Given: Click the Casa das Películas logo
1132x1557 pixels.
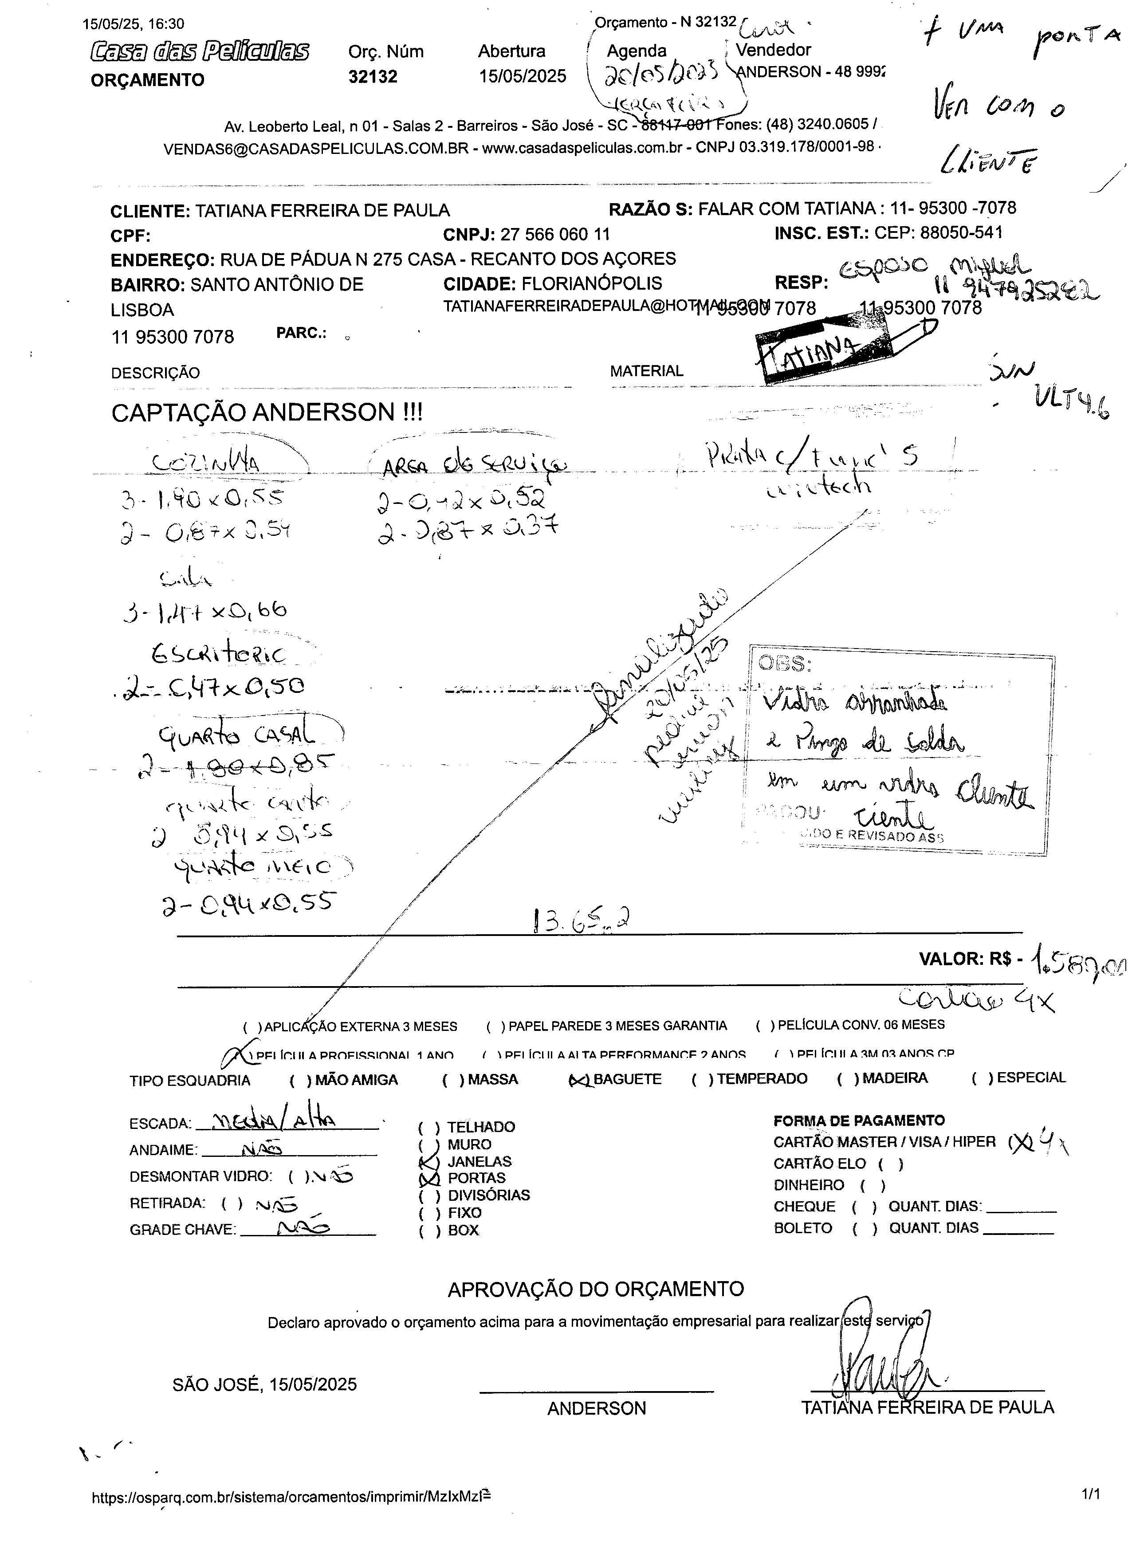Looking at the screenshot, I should pos(200,51).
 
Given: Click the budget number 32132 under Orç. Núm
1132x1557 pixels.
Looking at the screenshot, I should pos(373,77).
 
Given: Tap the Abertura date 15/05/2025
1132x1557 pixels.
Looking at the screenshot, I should pos(523,76).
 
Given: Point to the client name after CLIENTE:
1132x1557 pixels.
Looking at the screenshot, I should pos(322,211).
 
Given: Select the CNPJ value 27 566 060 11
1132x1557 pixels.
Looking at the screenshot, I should pos(554,235).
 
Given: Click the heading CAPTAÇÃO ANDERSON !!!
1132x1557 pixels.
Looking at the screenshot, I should pos(267,413).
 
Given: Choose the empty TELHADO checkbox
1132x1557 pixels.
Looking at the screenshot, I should pos(429,1127).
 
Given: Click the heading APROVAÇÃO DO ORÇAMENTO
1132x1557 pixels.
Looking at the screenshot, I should pos(595,1289).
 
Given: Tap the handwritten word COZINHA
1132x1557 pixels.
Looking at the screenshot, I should pos(206,464).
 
